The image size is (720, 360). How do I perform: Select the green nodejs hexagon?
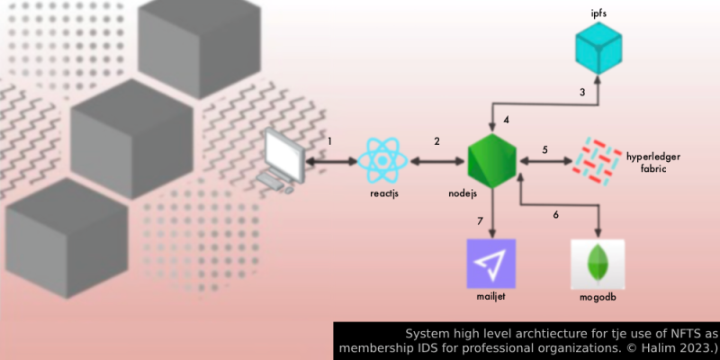click(492, 162)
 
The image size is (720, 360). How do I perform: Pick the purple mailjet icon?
click(491, 263)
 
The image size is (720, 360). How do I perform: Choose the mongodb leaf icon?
click(597, 263)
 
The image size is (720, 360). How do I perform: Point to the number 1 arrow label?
click(330, 141)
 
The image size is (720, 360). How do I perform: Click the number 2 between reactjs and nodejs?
click(437, 141)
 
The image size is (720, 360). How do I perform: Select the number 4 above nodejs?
click(507, 119)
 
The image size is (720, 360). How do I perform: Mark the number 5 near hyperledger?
click(544, 148)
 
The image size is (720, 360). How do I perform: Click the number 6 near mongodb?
click(555, 215)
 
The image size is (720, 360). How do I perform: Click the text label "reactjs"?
click(383, 193)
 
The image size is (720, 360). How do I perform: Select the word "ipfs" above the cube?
click(598, 14)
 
